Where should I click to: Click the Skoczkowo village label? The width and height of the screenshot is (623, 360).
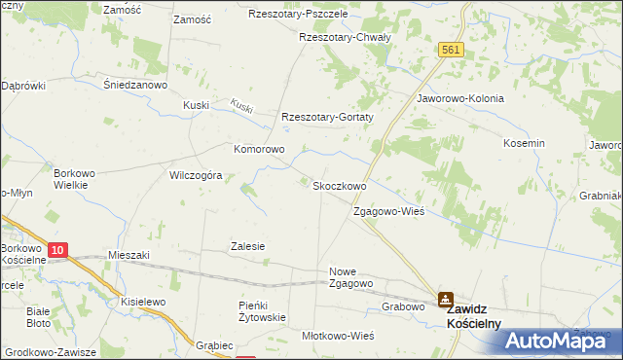pyautogui.click(x=338, y=186)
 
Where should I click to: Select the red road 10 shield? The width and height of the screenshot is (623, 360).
pyautogui.click(x=57, y=251)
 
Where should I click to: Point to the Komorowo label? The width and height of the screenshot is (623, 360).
pyautogui.click(x=258, y=150)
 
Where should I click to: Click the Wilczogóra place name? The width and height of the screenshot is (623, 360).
pyautogui.click(x=197, y=176)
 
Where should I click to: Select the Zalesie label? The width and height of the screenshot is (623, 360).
pyautogui.click(x=247, y=246)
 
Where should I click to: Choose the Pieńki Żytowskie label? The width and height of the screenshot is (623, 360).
pyautogui.click(x=262, y=311)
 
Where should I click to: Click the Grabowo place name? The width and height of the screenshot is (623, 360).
pyautogui.click(x=404, y=306)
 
